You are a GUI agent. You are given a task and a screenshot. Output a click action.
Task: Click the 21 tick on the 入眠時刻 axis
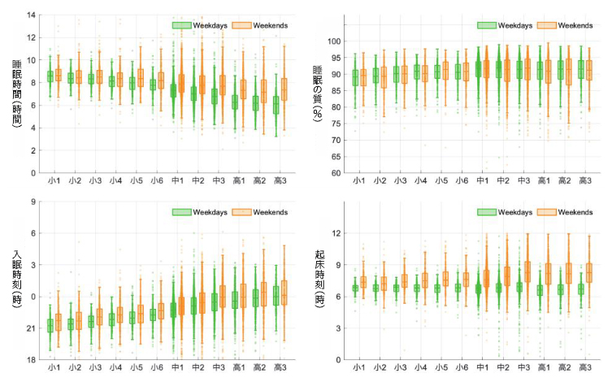pyautogui.click(x=32, y=328)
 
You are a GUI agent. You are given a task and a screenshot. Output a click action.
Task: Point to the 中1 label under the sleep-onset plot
pyautogui.click(x=176, y=367)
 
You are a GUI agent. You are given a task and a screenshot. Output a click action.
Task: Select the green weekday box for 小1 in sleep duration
pyautogui.click(x=50, y=76)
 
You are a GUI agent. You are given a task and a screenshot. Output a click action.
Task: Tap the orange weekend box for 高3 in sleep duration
pyautogui.click(x=284, y=89)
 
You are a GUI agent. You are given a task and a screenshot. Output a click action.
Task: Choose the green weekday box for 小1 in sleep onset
pyautogui.click(x=50, y=325)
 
